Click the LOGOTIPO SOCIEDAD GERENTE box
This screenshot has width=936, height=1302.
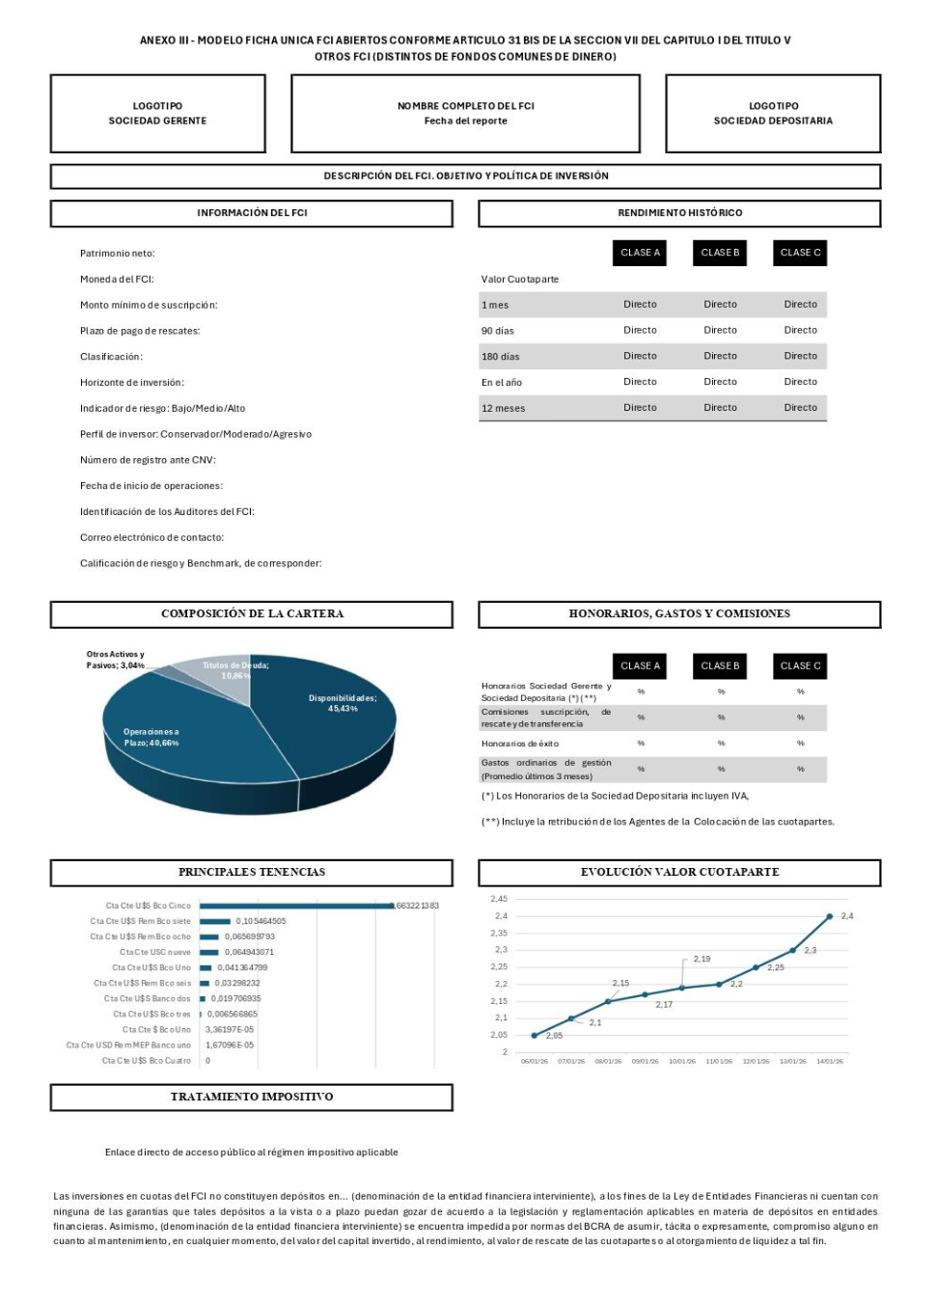(157, 114)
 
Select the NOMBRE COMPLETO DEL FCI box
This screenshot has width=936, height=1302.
(465, 114)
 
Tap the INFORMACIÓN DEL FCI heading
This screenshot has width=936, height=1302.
(252, 213)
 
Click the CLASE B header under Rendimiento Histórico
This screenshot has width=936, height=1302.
(720, 253)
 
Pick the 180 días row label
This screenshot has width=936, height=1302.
(501, 357)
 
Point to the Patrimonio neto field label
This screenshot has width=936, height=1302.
(117, 254)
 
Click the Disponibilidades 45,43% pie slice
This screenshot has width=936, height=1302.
(338, 714)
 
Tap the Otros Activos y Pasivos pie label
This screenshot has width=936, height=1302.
(115, 660)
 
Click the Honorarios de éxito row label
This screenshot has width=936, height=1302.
(520, 744)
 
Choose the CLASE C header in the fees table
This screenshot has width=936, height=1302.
(800, 665)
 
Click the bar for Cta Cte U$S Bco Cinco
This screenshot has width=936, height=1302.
(295, 906)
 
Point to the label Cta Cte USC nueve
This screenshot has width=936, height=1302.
(155, 952)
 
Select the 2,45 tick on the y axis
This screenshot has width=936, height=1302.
(499, 899)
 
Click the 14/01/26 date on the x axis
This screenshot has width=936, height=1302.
(829, 1061)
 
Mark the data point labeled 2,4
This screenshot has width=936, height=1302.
(830, 916)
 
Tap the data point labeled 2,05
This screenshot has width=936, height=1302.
(535, 1036)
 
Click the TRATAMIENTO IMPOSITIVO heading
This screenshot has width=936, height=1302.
(252, 1097)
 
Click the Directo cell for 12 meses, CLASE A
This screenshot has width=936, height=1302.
(640, 408)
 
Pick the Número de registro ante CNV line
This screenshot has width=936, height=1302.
(148, 460)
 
